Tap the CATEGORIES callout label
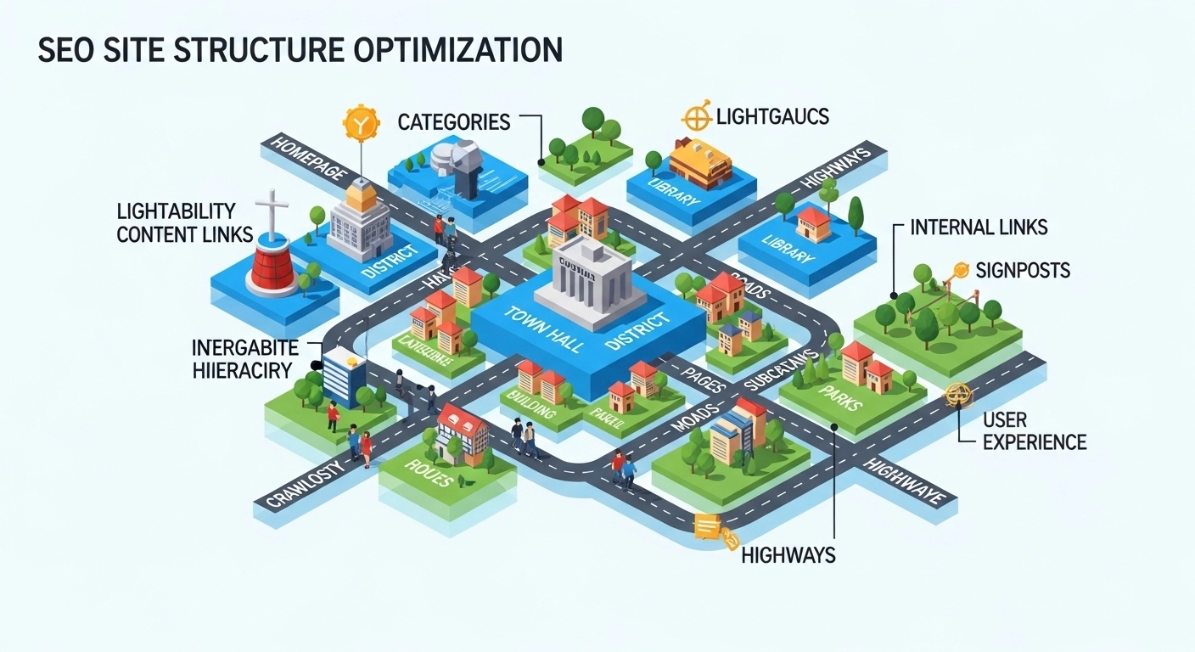pyautogui.click(x=454, y=122)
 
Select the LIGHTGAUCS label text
pyautogui.click(x=772, y=115)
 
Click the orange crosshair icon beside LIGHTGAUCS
pyautogui.click(x=696, y=115)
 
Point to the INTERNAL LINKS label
pyautogui.click(x=979, y=227)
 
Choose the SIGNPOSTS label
pyautogui.click(x=1023, y=271)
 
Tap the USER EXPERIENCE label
pyautogui.click(x=1034, y=430)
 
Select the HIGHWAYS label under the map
pyautogui.click(x=788, y=555)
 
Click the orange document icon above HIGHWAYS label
pyautogui.click(x=706, y=527)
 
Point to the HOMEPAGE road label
pyautogui.click(x=308, y=160)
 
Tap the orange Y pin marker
pyautogui.click(x=359, y=124)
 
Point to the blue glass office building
pyautogui.click(x=343, y=375)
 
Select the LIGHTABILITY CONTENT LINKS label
pyautogui.click(x=187, y=223)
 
